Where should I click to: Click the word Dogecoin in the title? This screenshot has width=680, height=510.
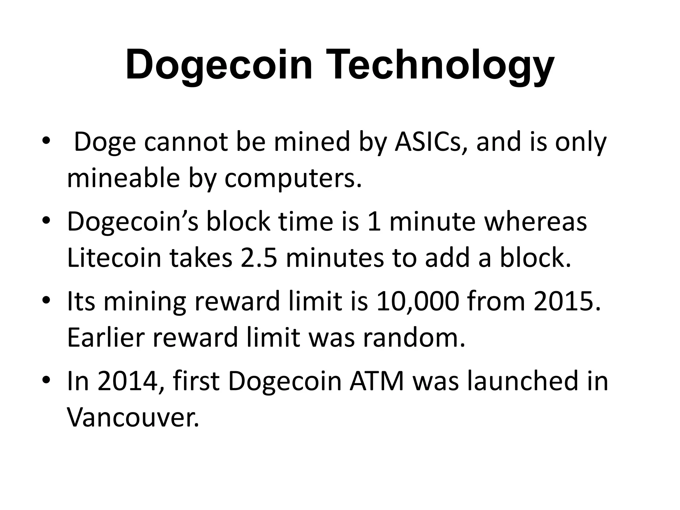pos(219,65)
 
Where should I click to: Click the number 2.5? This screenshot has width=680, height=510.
pos(259,258)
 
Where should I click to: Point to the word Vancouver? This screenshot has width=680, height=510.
pos(133,417)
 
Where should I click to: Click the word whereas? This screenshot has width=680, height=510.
pos(536,222)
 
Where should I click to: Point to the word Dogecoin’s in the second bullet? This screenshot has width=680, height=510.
pos(132,222)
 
